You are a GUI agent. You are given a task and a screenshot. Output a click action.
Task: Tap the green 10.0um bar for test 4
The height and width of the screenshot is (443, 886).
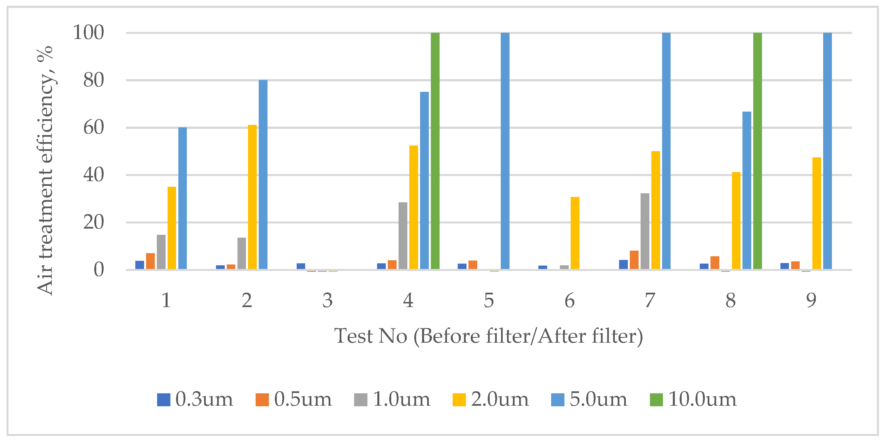tap(435, 151)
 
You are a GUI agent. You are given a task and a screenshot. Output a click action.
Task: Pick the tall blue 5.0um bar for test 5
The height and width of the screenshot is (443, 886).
tap(505, 151)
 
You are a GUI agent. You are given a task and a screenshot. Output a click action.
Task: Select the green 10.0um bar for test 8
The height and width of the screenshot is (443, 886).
tap(757, 151)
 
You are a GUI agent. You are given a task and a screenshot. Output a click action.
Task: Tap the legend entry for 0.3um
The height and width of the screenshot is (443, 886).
tap(195, 399)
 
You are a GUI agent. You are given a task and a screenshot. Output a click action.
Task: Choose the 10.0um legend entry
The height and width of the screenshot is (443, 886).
tap(693, 399)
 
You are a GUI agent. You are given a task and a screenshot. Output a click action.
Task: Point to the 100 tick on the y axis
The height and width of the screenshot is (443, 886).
tap(88, 33)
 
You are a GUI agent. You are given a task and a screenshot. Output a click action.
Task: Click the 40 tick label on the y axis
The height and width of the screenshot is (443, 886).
tap(93, 175)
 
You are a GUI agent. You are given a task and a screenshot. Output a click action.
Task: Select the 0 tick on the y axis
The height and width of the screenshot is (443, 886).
tap(99, 270)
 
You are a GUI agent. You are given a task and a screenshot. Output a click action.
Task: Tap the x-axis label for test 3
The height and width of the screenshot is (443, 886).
tap(328, 301)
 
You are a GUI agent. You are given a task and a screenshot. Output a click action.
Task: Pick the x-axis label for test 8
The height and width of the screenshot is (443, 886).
tap(731, 301)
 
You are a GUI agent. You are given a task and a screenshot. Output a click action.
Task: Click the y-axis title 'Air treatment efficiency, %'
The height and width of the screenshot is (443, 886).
tap(45, 170)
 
